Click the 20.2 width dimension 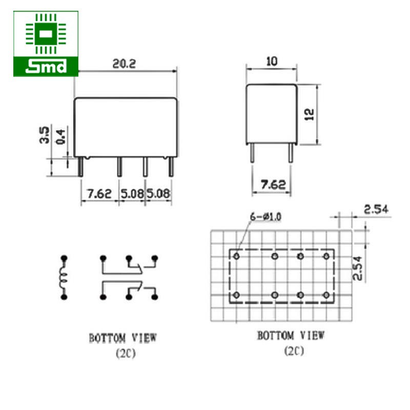pyautogui.click(x=126, y=64)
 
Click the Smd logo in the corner pyautogui.click(x=46, y=44)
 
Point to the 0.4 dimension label pyautogui.click(x=61, y=136)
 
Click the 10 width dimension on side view pyautogui.click(x=272, y=61)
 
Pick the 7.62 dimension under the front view pyautogui.click(x=99, y=194)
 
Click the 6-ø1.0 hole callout pyautogui.click(x=265, y=217)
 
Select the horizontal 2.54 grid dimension pyautogui.click(x=377, y=209)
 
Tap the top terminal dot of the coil pyautogui.click(x=64, y=257)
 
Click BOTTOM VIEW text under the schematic pyautogui.click(x=123, y=338)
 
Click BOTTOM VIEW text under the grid pyautogui.click(x=291, y=336)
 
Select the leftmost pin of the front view pyautogui.click(x=81, y=167)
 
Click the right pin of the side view pyautogui.click(x=291, y=153)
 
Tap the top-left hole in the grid pyautogui.click(x=236, y=256)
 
